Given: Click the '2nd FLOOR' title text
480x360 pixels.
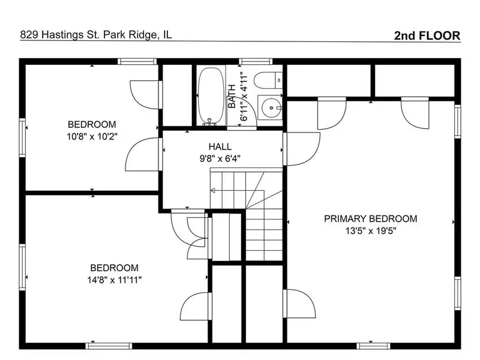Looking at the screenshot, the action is (x=427, y=35).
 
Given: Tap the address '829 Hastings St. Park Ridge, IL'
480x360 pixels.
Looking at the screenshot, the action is (x=96, y=35).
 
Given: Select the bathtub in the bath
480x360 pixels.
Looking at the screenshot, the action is (x=211, y=96).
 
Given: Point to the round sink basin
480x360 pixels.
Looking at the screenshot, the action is (x=271, y=107).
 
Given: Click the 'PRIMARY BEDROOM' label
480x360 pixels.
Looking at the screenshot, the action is (x=370, y=218).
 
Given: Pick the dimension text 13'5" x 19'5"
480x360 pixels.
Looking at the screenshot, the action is (x=371, y=230).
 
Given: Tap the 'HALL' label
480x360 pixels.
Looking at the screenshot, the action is (x=220, y=146).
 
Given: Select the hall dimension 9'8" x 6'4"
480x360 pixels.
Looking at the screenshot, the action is (x=220, y=158).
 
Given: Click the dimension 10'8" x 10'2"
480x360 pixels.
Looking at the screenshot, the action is (x=92, y=136).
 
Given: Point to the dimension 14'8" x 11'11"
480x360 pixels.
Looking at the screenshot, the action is (x=115, y=280).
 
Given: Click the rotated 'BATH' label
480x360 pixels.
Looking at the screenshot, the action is (x=232, y=96).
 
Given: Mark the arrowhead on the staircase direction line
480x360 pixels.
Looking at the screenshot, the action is (x=213, y=191).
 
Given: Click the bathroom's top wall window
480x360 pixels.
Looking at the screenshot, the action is (x=256, y=62).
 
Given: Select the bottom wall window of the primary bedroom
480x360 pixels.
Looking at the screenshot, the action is (x=373, y=346).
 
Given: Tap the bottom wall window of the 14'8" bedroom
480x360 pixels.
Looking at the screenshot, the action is (x=109, y=346).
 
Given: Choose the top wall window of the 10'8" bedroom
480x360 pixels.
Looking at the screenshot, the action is (x=137, y=62).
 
